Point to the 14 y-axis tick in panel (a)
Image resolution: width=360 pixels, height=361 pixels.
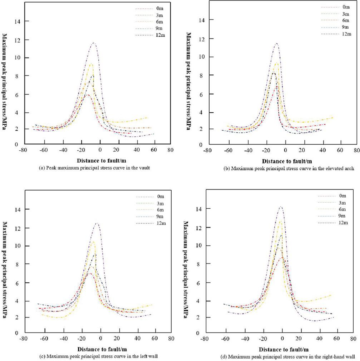[13, 21]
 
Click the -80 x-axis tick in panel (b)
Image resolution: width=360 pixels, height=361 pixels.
[207, 151]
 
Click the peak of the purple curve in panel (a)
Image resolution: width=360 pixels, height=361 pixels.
[94, 43]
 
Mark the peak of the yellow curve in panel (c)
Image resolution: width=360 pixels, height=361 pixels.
[93, 241]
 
